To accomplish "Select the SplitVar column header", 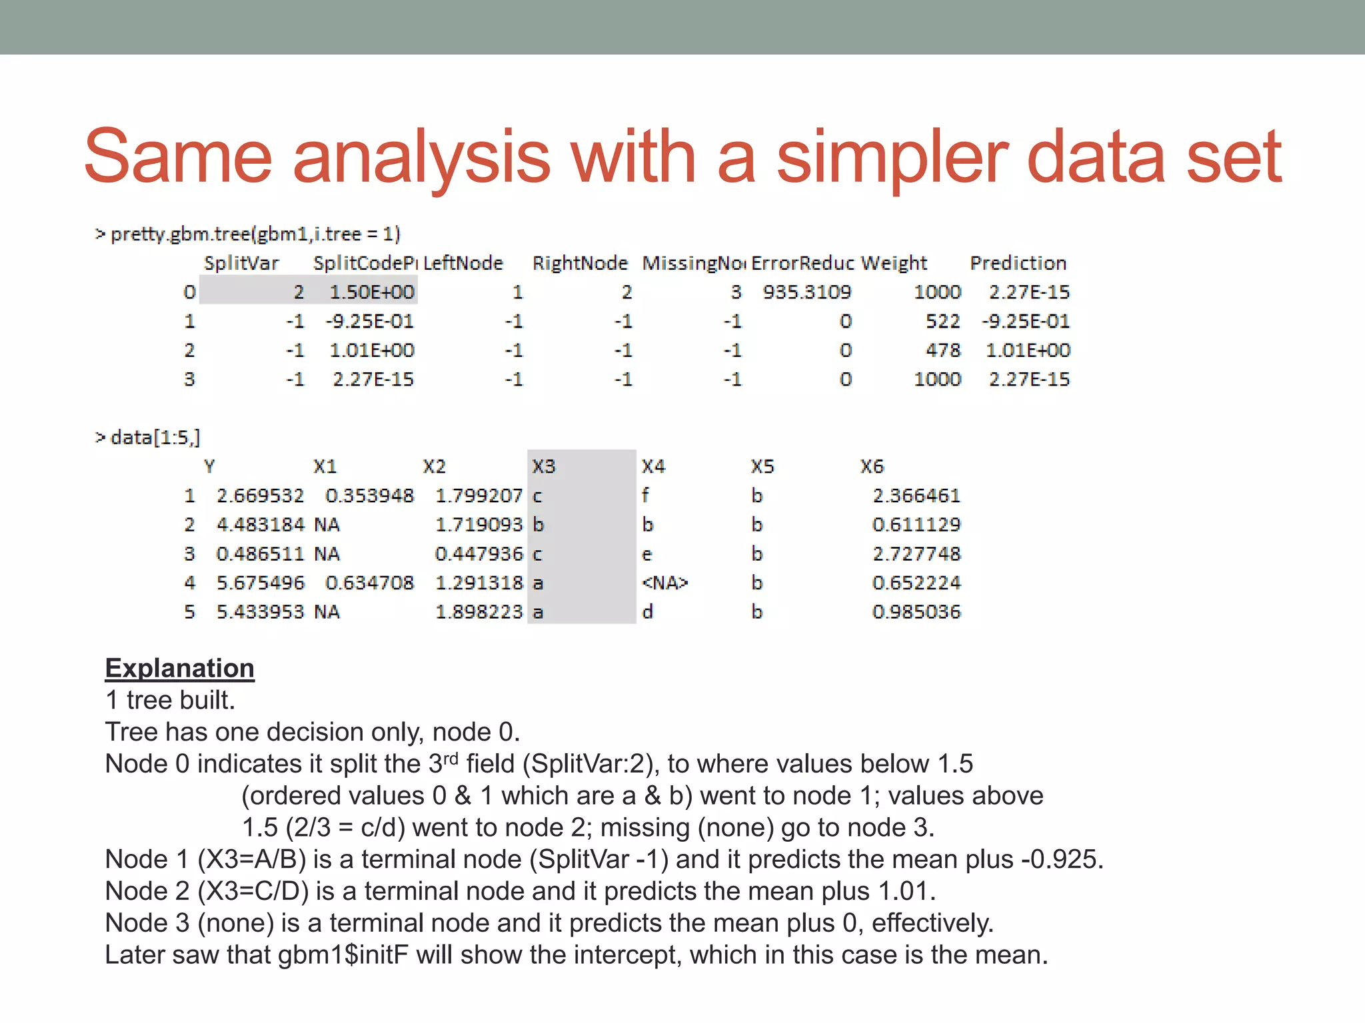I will click(x=241, y=263).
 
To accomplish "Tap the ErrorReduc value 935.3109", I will click(x=807, y=292).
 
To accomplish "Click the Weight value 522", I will click(x=942, y=321).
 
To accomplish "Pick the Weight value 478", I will click(x=942, y=350).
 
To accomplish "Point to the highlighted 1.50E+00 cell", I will click(x=372, y=292).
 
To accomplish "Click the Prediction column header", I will click(x=1018, y=263).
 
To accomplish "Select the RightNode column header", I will click(x=580, y=263).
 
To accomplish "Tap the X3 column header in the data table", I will click(x=544, y=466).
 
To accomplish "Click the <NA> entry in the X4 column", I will click(x=665, y=583).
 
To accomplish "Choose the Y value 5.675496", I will click(x=260, y=583).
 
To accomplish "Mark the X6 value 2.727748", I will click(x=916, y=553).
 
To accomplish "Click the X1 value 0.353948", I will click(x=369, y=496).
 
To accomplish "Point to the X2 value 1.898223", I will click(x=479, y=611).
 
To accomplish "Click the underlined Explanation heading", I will click(x=179, y=668).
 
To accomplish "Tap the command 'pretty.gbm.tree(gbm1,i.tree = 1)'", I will click(x=255, y=234).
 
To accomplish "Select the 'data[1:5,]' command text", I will click(x=155, y=438).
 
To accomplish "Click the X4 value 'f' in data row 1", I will click(x=645, y=496).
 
